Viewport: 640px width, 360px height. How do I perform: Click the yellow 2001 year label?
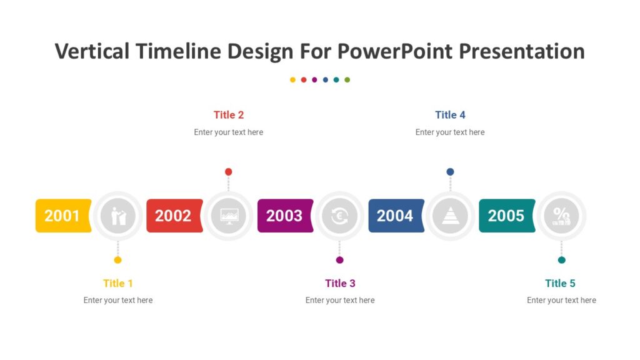point(62,216)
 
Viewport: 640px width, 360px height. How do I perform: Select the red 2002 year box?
point(174,216)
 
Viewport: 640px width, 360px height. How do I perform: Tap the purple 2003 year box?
point(284,216)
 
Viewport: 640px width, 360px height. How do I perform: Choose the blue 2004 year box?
point(396,216)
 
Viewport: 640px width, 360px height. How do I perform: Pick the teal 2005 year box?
point(506,216)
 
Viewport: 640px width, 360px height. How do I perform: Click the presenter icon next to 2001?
point(118,216)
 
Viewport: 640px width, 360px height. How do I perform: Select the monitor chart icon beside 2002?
point(229,216)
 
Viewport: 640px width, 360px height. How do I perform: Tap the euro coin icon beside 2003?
point(339,216)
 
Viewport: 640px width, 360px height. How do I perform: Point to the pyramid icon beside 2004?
point(450,216)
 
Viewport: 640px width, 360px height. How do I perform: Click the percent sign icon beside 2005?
point(561,216)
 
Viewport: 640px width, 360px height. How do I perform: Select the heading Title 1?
point(118,283)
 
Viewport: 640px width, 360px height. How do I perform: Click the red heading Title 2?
point(229,115)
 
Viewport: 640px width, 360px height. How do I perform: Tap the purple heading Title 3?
point(340,283)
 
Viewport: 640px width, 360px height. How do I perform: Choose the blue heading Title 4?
point(450,115)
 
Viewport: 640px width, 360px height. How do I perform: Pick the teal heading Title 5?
point(560,283)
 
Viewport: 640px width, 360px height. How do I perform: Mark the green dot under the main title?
point(347,80)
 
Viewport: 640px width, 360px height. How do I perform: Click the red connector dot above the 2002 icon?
point(229,172)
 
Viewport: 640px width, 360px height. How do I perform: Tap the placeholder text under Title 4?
point(450,132)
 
